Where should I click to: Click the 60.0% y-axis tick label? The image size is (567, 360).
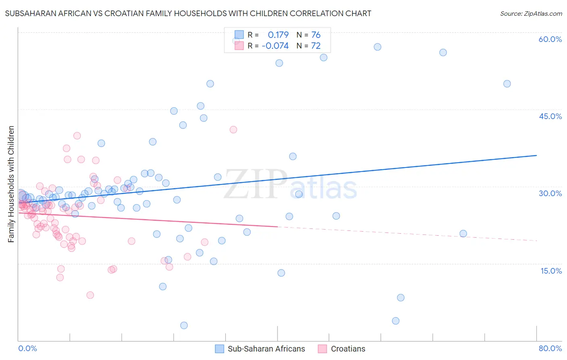550,39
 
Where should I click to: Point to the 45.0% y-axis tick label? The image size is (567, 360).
550,116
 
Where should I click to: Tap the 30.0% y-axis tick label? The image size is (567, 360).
550,193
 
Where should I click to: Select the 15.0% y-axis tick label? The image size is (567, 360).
551,271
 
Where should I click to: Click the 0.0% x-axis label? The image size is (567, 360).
27,349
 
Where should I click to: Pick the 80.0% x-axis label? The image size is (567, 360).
550,349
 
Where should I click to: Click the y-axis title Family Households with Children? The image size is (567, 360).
11,184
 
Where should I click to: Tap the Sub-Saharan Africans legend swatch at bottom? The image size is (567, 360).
219,349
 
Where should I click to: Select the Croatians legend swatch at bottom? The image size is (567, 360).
322,349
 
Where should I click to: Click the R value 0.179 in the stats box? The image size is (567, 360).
278,35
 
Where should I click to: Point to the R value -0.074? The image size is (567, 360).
275,46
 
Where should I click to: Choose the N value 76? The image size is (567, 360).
316,35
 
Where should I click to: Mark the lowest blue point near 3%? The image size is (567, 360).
184,325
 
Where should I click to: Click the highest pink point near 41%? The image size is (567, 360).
233,130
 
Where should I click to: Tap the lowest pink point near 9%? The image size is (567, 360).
90,295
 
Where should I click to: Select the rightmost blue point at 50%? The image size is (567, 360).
507,84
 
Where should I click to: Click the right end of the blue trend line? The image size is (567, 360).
536,155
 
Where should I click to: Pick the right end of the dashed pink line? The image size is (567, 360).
536,241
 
